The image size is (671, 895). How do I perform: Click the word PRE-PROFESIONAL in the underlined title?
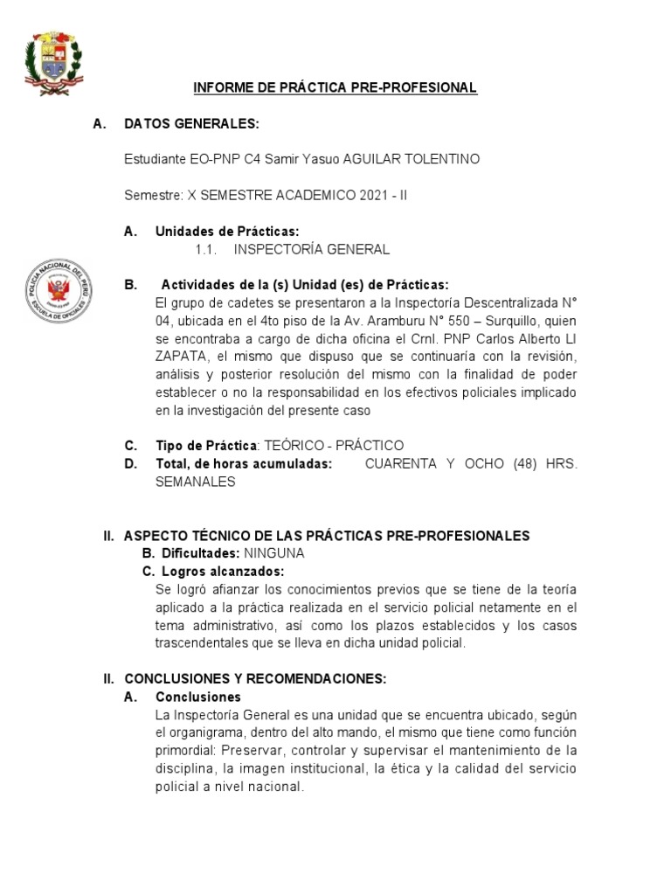424,87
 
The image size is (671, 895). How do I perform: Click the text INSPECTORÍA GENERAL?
312,249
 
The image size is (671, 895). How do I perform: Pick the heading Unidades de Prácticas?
227,232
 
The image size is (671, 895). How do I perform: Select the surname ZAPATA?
177,356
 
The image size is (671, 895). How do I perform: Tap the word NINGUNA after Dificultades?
274,553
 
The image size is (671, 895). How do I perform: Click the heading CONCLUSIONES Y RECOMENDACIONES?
255,678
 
